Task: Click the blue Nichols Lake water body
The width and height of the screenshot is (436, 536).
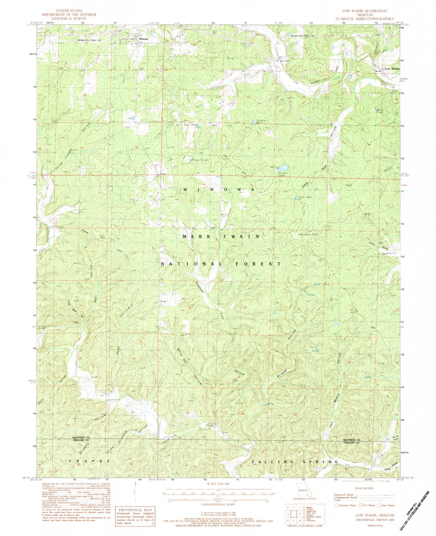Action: [284, 167]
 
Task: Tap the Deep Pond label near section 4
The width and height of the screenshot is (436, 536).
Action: [305, 197]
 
